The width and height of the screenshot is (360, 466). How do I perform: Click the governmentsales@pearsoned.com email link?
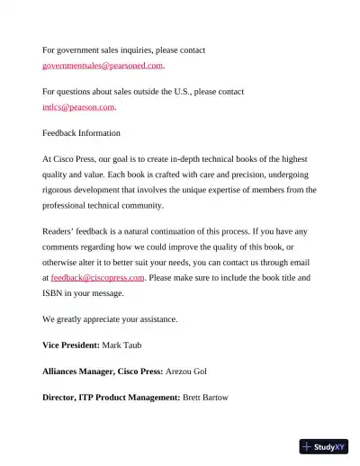103,65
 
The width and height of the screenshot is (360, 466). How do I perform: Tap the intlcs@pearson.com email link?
79,107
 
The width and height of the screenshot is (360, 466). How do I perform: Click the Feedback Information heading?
81,133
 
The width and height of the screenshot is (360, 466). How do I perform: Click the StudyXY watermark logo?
324,446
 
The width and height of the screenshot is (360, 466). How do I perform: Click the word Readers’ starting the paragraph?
61,232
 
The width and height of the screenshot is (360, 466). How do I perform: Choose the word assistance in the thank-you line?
154,319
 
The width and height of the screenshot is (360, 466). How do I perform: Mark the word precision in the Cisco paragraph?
226,175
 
